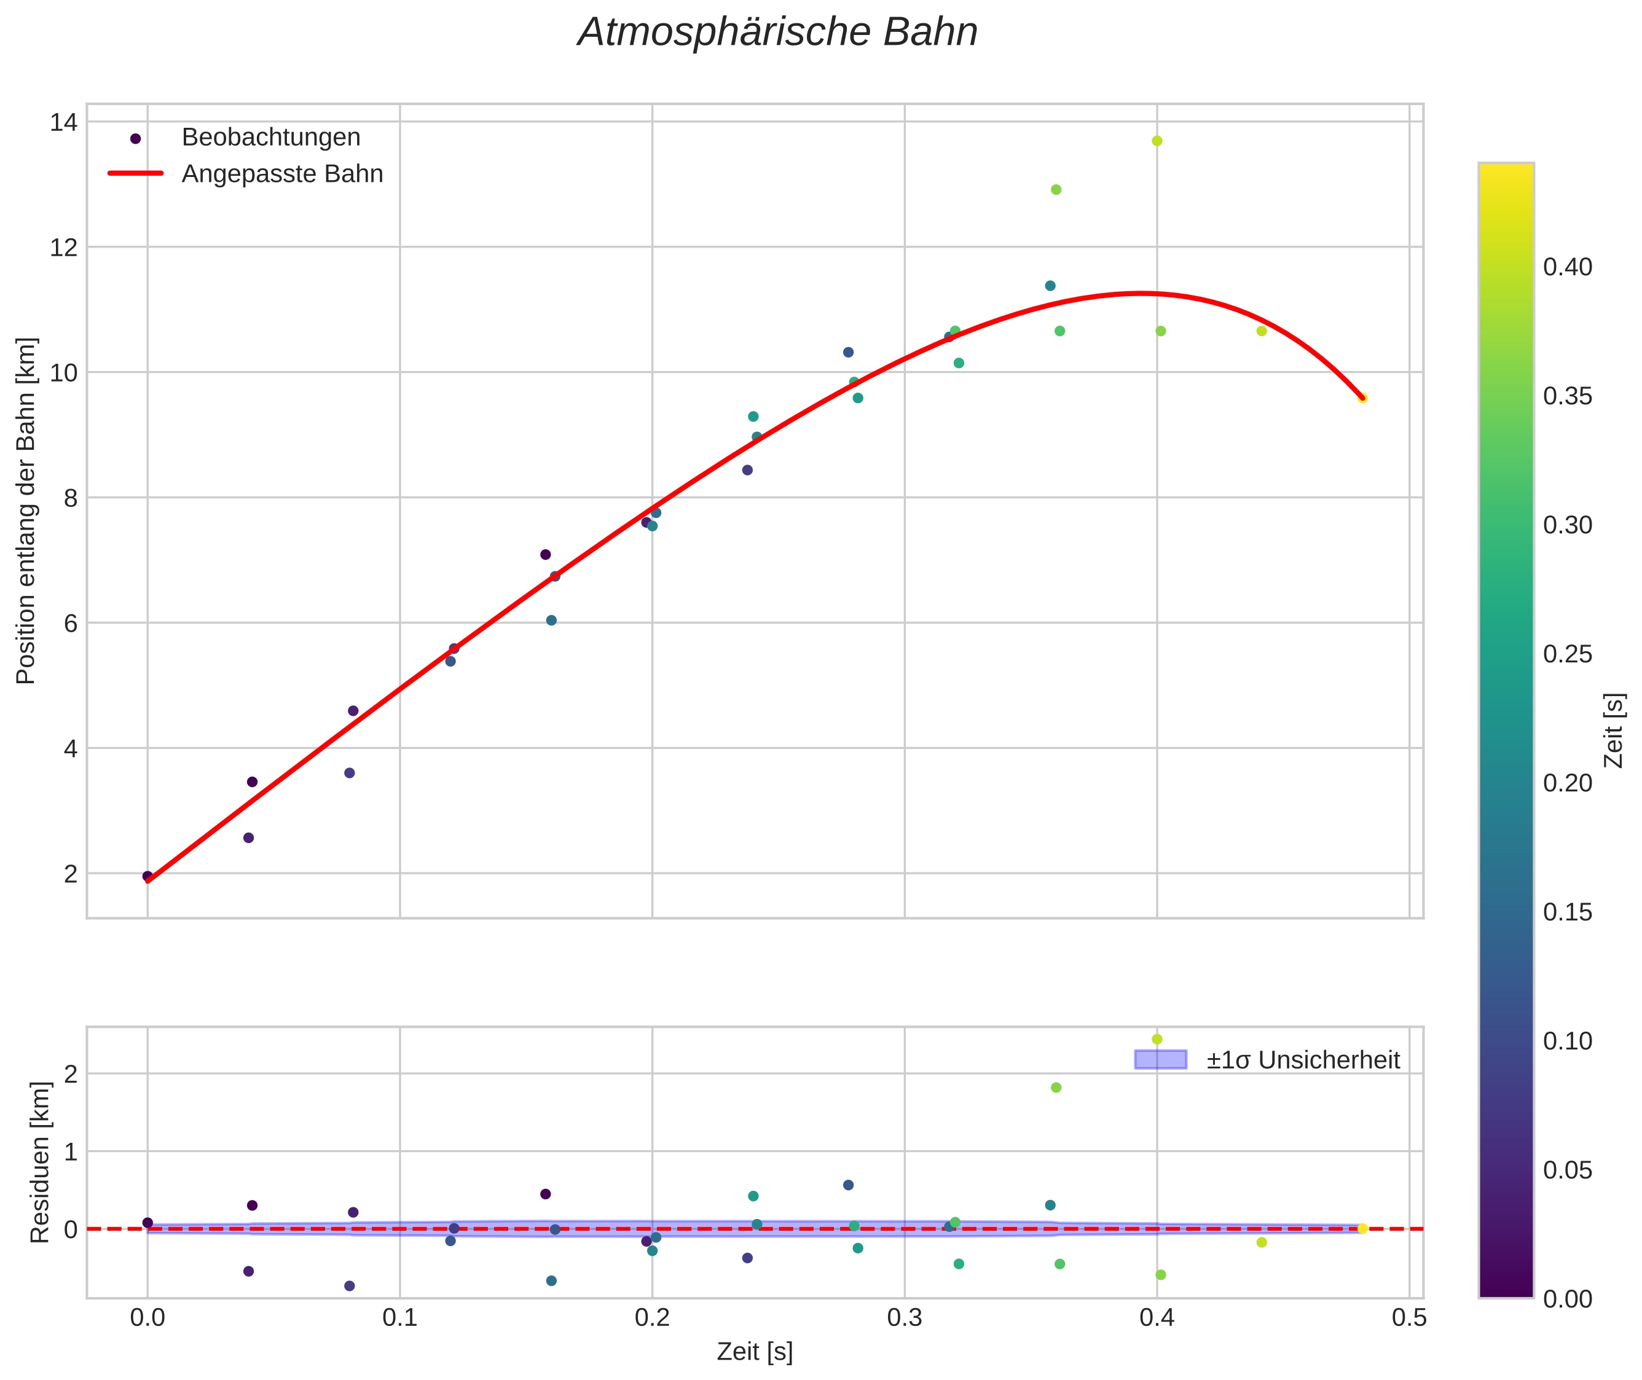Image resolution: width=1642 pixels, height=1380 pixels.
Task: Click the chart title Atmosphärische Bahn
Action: click(777, 33)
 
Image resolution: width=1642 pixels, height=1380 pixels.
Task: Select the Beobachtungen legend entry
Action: click(270, 138)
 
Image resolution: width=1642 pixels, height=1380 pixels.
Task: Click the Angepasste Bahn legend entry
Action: click(281, 174)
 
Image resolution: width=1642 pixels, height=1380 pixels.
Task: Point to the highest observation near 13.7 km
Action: click(1157, 141)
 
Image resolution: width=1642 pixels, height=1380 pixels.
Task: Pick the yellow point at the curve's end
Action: click(1362, 398)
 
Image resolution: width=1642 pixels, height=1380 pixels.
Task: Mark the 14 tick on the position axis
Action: click(63, 123)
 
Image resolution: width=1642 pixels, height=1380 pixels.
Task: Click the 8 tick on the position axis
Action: click(71, 498)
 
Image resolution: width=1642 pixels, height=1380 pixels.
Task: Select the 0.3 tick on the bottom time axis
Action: click(905, 1318)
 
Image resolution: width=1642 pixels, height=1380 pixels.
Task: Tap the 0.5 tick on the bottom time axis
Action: click(1409, 1318)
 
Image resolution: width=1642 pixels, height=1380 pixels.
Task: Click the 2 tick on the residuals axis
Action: click(71, 1074)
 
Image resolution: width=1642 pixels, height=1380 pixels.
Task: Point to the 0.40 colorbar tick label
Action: click(1567, 267)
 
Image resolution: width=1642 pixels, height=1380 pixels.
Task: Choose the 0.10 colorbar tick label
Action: click(1567, 1041)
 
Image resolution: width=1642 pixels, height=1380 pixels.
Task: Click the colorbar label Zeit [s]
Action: click(1613, 730)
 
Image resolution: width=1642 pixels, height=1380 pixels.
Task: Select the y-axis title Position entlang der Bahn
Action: click(26, 511)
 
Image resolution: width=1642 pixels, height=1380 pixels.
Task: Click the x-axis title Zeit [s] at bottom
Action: click(754, 1352)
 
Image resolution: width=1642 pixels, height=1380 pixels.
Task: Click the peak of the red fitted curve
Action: click(1141, 293)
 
